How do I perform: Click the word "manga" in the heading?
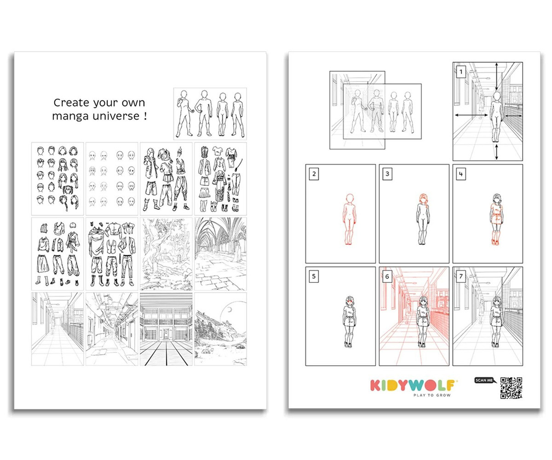pos(70,116)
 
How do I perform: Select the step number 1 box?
pos(461,72)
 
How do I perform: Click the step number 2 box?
pos(314,174)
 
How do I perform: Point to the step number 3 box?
pos(387,174)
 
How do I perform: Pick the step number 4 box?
pos(461,174)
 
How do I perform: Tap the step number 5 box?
pos(314,276)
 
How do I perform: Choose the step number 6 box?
pos(387,276)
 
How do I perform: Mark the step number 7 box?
pos(461,276)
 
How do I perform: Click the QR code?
pos(511,388)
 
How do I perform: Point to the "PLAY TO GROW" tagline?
pos(432,395)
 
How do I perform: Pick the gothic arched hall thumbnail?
pos(220,254)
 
